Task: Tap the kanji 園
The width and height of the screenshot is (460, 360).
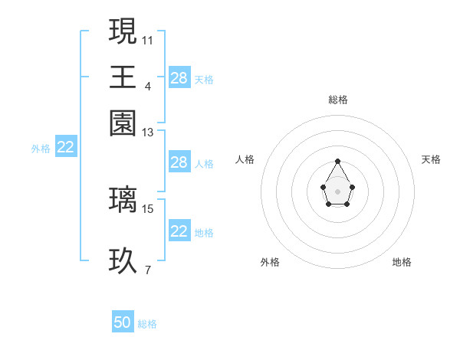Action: point(123,123)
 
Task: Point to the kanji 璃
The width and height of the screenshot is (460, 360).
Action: point(123,199)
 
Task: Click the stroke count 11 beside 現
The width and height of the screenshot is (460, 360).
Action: point(148,39)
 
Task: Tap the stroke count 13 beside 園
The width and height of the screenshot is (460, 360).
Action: point(148,133)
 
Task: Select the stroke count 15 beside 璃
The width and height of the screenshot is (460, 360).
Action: point(148,208)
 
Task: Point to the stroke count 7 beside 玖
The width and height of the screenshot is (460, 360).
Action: point(148,270)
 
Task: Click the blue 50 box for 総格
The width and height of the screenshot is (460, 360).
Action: point(123,323)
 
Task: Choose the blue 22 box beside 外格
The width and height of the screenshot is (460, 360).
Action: point(66,148)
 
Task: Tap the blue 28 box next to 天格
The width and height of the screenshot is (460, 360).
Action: point(179,78)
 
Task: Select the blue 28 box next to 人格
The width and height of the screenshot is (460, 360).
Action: point(179,162)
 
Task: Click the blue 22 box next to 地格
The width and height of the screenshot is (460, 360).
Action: point(179,231)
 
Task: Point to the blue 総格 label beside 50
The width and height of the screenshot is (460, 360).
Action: point(147,324)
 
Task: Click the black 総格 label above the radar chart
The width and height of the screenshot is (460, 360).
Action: point(338,100)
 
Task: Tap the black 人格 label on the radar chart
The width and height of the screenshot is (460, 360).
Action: point(245,159)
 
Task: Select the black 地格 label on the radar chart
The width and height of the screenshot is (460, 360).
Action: point(402,262)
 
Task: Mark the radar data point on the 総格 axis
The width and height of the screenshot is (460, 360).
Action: point(338,161)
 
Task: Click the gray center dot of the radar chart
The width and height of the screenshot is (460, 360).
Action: point(338,190)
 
